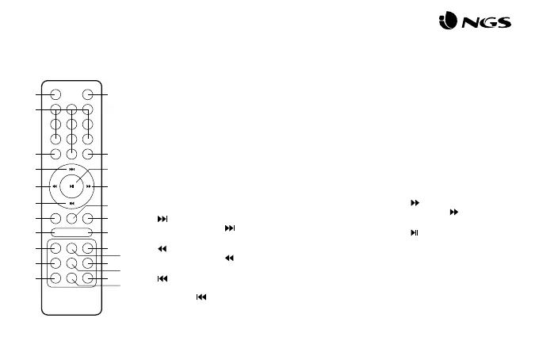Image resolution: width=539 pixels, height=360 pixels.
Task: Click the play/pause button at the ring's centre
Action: [71, 186]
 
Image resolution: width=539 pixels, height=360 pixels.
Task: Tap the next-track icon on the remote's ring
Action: [71, 169]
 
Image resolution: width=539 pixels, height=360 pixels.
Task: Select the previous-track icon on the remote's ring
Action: [71, 204]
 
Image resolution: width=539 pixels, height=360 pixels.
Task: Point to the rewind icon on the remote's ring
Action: [54, 186]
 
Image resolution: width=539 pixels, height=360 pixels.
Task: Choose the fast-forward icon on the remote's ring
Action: [89, 186]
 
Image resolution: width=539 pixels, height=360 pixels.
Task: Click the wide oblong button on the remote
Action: [71, 232]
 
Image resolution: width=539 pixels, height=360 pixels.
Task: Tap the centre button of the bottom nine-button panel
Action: [71, 262]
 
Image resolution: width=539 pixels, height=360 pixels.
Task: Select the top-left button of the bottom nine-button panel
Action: [55, 247]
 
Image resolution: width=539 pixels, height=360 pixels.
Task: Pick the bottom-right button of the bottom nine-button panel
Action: [87, 278]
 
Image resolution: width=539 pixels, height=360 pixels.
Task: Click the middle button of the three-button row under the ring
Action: [71, 216]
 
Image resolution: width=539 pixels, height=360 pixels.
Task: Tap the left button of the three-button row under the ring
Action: [55, 216]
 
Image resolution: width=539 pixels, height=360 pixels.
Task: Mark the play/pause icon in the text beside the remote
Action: [414, 232]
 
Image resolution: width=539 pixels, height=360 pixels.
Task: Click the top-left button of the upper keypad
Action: [55, 110]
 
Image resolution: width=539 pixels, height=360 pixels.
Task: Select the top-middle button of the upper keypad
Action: [71, 110]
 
